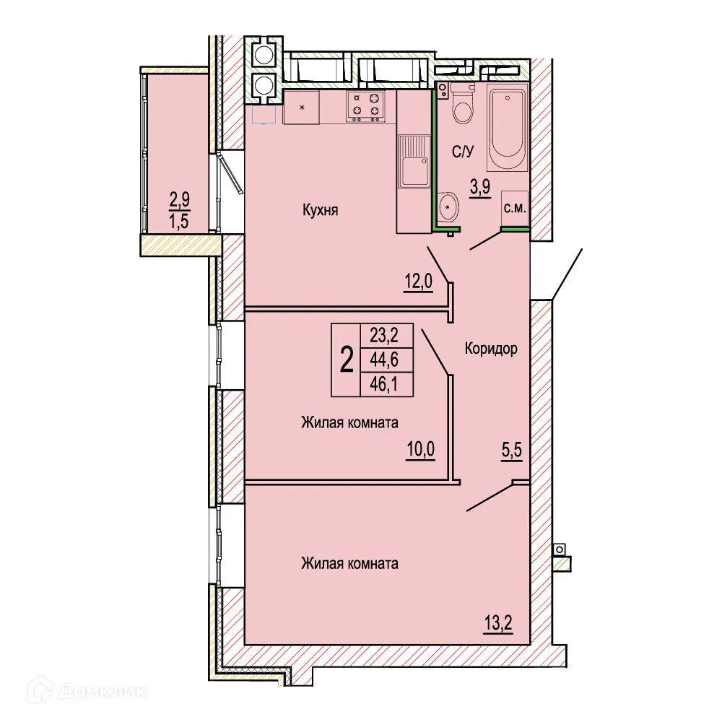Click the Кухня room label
tap(321, 211)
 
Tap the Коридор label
tap(491, 349)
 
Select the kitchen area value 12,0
tap(418, 282)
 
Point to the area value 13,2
tap(498, 623)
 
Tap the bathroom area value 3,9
tap(480, 186)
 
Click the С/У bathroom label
tap(462, 152)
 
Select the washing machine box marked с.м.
tap(515, 207)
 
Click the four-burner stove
tap(365, 105)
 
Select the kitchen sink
tap(414, 162)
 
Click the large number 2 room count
tap(347, 360)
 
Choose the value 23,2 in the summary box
tap(386, 335)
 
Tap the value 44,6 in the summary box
tap(386, 360)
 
